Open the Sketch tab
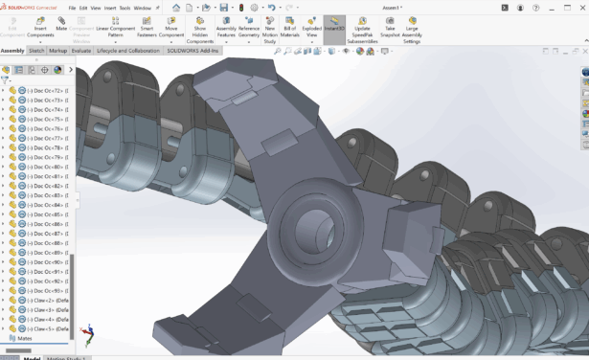(36, 51)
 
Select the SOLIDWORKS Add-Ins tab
(193, 51)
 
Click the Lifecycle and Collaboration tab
(128, 51)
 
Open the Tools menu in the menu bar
(124, 8)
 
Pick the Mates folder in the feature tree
(25, 338)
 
